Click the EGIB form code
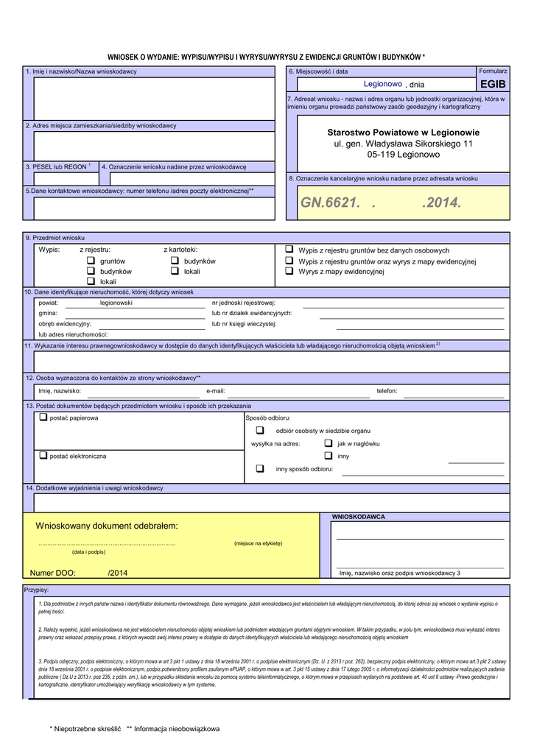click(x=493, y=85)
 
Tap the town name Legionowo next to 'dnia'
click(x=383, y=85)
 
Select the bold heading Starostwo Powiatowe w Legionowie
click(x=403, y=133)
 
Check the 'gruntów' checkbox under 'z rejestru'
click(x=91, y=261)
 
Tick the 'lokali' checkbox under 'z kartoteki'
click(x=175, y=272)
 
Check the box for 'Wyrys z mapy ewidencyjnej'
click(x=289, y=272)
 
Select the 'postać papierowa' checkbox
click(x=43, y=417)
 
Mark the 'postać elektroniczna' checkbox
click(x=43, y=456)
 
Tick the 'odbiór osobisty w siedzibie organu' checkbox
click(x=260, y=430)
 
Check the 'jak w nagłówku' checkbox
click(x=329, y=443)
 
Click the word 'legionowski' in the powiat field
click(x=116, y=303)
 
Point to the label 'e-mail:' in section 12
click(x=216, y=391)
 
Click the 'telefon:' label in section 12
click(x=387, y=391)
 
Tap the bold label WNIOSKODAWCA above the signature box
click(x=359, y=517)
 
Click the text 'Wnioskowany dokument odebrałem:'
click(x=107, y=526)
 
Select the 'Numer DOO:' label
click(x=52, y=573)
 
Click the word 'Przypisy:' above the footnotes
click(x=37, y=591)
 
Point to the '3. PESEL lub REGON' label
click(x=56, y=167)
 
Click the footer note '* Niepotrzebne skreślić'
click(x=85, y=729)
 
